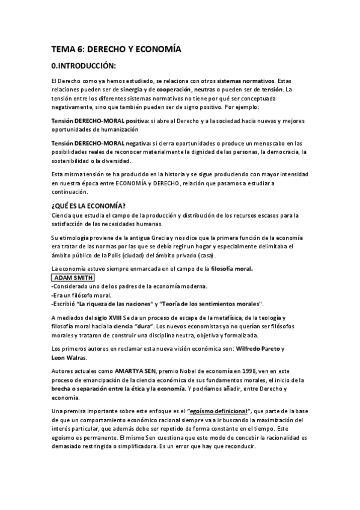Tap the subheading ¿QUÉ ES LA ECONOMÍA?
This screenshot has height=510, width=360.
coord(88,206)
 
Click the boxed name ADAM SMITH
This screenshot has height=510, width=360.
coord(73,278)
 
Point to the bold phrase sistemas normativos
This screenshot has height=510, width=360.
coord(246,81)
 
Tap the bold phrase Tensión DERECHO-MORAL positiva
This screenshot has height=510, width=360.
coord(99,121)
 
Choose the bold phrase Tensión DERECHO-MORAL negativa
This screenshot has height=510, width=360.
coord(100,143)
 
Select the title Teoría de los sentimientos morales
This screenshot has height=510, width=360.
coord(209,304)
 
